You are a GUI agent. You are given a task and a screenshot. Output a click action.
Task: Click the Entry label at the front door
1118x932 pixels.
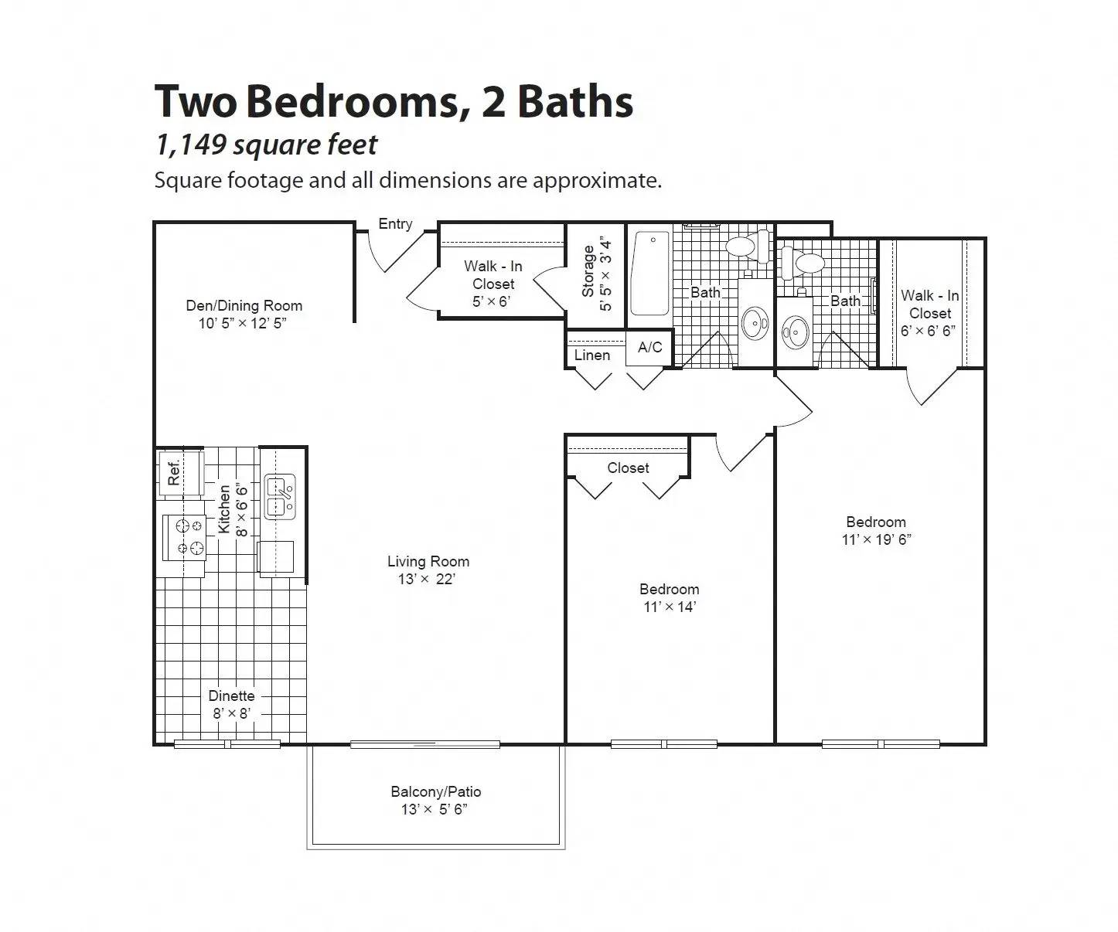(395, 224)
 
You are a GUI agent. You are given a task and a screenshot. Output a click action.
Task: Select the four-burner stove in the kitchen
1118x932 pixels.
(185, 537)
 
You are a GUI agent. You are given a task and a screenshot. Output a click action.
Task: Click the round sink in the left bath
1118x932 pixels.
(755, 323)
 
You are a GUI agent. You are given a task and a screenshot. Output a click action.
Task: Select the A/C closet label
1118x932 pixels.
(649, 347)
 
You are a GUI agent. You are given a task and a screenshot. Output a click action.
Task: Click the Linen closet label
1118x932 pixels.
(592, 355)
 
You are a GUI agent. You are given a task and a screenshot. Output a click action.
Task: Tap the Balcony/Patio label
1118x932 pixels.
(435, 791)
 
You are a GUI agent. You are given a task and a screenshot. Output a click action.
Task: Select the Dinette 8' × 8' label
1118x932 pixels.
(231, 704)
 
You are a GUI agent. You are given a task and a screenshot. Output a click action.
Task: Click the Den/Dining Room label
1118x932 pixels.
(244, 305)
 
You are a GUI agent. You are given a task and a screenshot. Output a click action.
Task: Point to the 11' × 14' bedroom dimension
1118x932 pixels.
(670, 607)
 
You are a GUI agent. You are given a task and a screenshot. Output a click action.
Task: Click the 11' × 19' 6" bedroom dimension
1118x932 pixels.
(876, 539)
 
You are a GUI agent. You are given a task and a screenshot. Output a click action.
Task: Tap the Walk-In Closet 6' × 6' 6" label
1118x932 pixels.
(929, 312)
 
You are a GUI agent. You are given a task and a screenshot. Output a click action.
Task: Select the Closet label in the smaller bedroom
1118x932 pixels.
(628, 468)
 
